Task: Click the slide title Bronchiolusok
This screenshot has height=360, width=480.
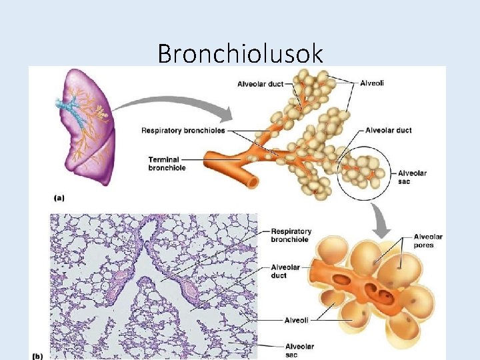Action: pyautogui.click(x=240, y=53)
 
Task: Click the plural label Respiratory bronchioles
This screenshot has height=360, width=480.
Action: pyautogui.click(x=183, y=130)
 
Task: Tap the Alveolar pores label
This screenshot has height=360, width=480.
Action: pyautogui.click(x=427, y=241)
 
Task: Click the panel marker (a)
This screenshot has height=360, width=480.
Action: pyautogui.click(x=59, y=197)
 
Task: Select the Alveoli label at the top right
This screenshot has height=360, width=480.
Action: pyautogui.click(x=371, y=83)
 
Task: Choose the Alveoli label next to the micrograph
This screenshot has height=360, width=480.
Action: pyautogui.click(x=296, y=321)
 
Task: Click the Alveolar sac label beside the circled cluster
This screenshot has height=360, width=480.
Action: pyautogui.click(x=412, y=177)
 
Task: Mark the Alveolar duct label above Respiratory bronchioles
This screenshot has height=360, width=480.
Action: pyautogui.click(x=260, y=84)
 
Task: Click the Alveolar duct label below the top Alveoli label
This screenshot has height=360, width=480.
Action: pyautogui.click(x=388, y=130)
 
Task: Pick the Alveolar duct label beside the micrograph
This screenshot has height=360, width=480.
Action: pyautogui.click(x=285, y=271)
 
